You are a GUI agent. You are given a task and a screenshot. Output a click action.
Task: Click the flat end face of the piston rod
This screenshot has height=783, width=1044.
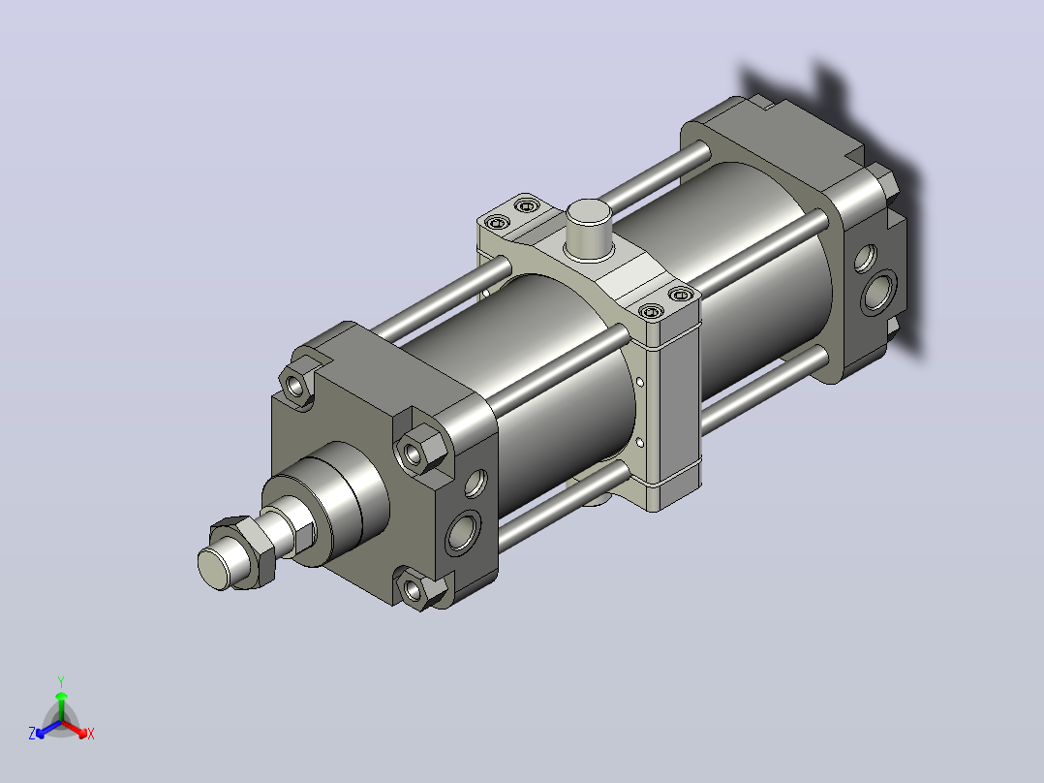(214, 568)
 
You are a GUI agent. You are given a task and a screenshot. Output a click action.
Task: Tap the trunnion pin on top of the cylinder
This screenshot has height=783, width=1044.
(589, 227)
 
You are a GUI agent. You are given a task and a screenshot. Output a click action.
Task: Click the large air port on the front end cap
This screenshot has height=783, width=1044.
(463, 532)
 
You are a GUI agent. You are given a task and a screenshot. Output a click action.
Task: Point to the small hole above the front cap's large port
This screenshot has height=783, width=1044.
(476, 484)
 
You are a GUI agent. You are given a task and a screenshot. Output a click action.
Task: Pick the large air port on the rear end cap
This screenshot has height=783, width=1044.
(878, 292)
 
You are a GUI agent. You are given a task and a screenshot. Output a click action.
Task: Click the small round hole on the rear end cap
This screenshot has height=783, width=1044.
(865, 259)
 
